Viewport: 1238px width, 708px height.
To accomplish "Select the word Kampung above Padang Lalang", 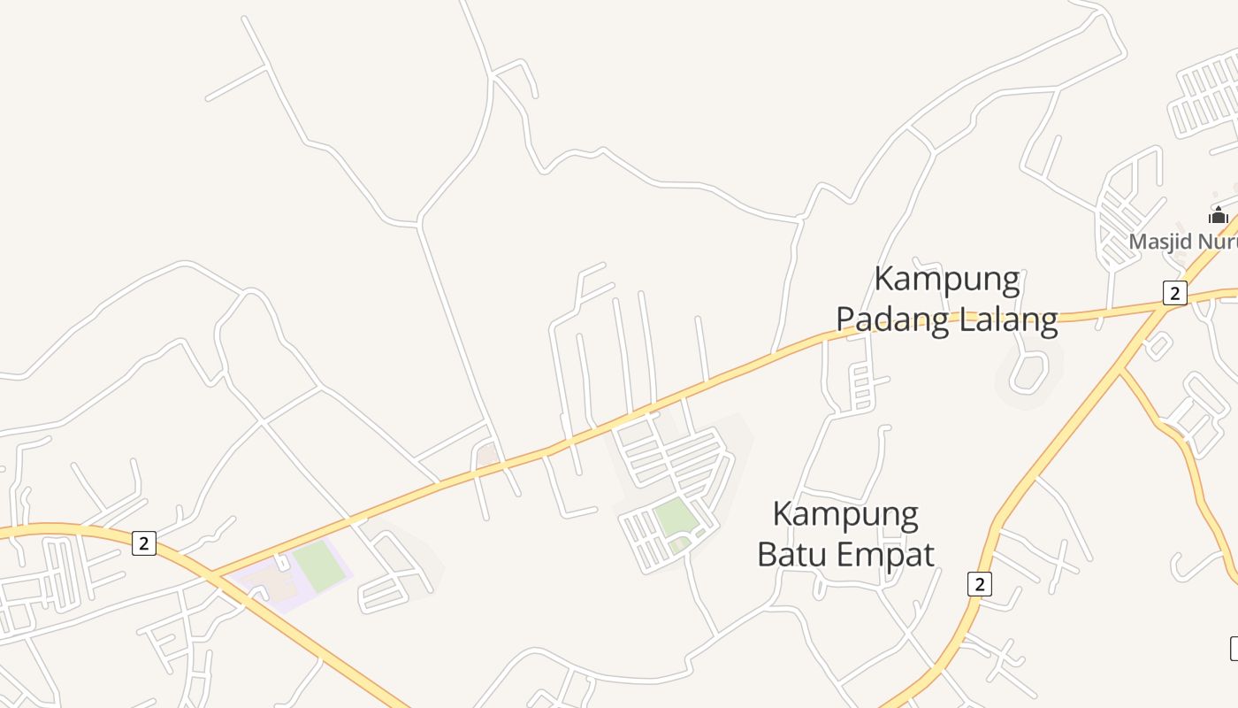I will pos(947,280).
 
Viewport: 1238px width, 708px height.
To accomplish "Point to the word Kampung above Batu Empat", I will pos(845,514).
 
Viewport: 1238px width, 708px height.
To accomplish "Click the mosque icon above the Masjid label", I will pos(1219,215).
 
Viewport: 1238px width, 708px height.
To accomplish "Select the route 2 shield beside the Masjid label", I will pos(1174,293).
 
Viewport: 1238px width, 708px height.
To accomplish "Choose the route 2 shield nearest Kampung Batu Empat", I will pos(979,584).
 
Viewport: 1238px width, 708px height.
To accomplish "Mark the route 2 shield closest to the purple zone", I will pos(144,543).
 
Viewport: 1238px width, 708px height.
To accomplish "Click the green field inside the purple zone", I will pos(318,566).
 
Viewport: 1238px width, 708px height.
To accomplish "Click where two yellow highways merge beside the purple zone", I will pos(212,576).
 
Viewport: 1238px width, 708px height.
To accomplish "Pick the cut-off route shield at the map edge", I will pos(1234,648).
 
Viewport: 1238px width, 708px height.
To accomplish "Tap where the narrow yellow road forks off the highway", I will pos(1120,371).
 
